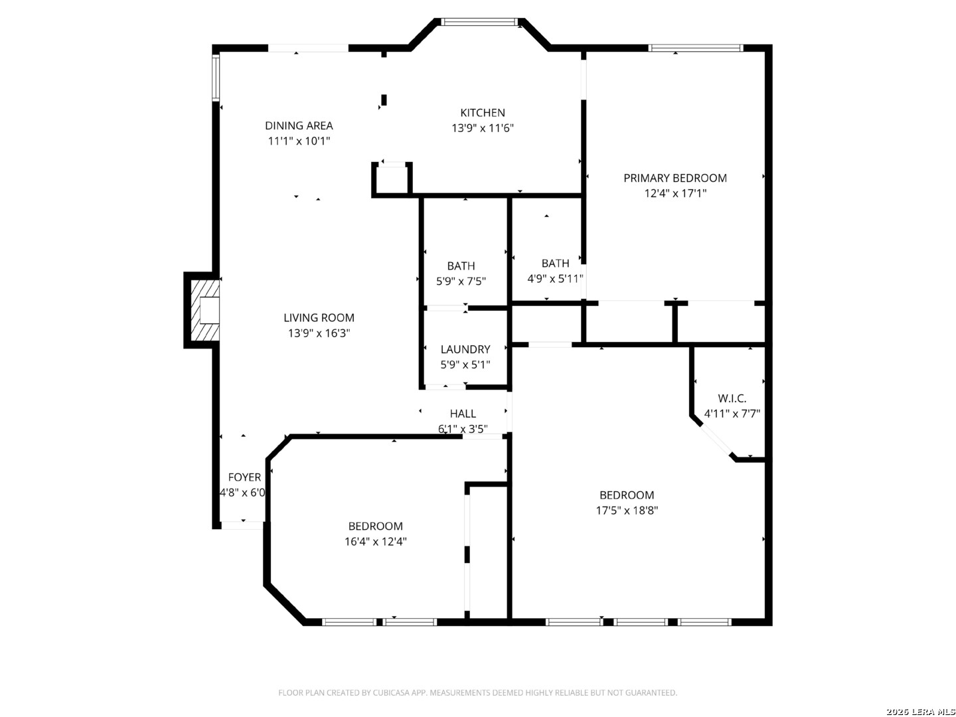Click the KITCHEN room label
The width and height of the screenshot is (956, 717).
coord(482,113)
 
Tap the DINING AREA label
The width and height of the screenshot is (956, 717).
coord(299,126)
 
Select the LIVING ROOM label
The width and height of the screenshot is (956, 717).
coord(319,318)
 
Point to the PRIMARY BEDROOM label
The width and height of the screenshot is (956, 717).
coord(675,178)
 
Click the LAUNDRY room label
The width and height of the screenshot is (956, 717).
coord(465,349)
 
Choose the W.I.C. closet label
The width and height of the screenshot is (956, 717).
coord(732,398)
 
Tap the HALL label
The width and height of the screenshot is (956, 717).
coord(463,414)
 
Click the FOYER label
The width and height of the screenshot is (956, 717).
coord(244,477)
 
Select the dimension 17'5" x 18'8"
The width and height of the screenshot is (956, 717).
coord(627,511)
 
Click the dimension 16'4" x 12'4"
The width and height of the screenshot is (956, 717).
coord(376,542)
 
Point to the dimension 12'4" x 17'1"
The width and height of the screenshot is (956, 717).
coord(675,193)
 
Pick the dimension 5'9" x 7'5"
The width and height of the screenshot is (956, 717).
coord(461,281)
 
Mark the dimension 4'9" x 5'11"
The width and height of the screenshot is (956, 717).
coord(555,279)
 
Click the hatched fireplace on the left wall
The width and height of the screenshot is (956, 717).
coord(204,310)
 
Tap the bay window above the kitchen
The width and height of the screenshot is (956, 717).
coord(479,22)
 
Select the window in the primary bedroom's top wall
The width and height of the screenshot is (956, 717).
coord(695,48)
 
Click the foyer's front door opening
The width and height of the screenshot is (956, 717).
coord(242,525)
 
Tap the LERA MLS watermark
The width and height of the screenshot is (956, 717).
coord(920,711)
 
